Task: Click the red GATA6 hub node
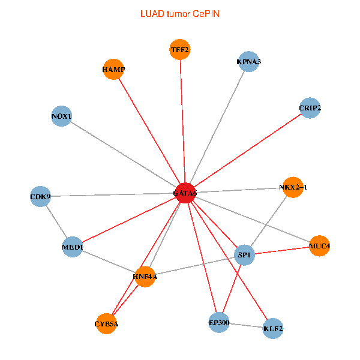[x=185, y=193]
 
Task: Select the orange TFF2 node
[x=180, y=50]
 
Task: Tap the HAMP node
[x=113, y=70]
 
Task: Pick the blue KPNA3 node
[x=248, y=61]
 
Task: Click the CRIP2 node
[x=310, y=108]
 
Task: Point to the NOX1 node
[x=62, y=116]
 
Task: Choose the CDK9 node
[x=41, y=196]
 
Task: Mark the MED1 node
[x=73, y=247]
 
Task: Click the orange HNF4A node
[x=145, y=277]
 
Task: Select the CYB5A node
[x=107, y=324]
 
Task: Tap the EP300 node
[x=219, y=323]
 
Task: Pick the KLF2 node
[x=273, y=328]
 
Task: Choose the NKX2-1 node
[x=293, y=187]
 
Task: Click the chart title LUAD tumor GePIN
[x=180, y=13]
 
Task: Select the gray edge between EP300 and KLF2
[x=246, y=326]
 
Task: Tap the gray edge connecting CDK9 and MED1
[x=56, y=221]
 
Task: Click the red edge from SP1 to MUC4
[x=283, y=250]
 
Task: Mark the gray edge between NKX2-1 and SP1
[x=269, y=221]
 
